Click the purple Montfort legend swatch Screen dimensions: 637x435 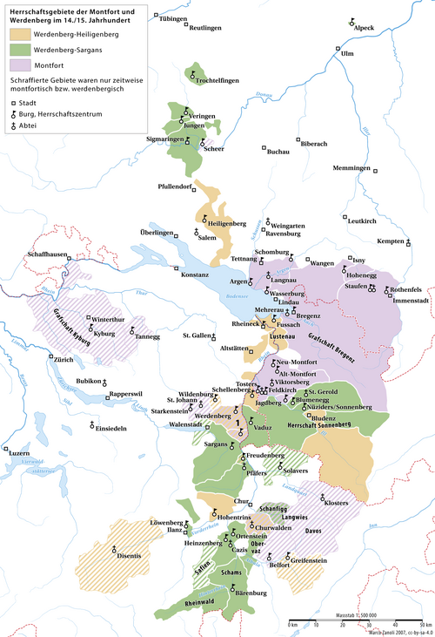20,64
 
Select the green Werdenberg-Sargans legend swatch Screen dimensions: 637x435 20,49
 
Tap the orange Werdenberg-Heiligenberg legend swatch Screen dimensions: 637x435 20,34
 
